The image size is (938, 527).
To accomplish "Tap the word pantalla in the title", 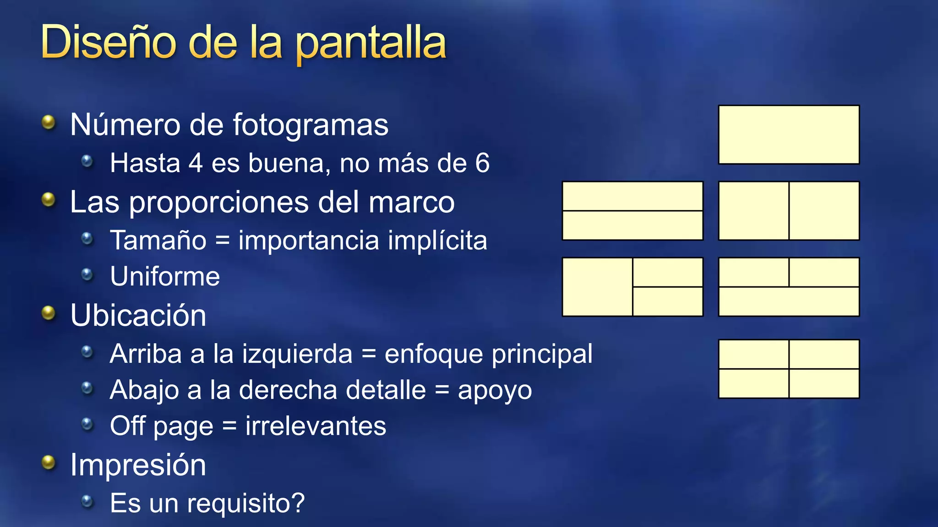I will (371, 44).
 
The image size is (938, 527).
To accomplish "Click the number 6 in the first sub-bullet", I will (482, 163).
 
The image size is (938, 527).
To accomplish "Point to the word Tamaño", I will (158, 240).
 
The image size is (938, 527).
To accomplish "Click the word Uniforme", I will (165, 276).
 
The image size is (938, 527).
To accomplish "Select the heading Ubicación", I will (138, 315).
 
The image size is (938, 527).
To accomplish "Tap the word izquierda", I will (297, 354).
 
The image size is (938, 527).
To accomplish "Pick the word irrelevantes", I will (316, 426).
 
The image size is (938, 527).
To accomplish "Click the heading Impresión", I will (138, 465).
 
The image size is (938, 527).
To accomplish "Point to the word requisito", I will (241, 504).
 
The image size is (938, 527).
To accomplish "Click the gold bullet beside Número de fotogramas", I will (48, 122).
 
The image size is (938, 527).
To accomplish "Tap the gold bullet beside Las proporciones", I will (48, 199).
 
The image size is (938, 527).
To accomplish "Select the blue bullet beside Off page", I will (87, 424).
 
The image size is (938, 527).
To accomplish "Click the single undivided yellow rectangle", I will (789, 134).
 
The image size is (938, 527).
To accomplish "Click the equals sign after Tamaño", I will (222, 241).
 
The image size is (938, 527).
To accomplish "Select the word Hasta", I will (145, 163).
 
